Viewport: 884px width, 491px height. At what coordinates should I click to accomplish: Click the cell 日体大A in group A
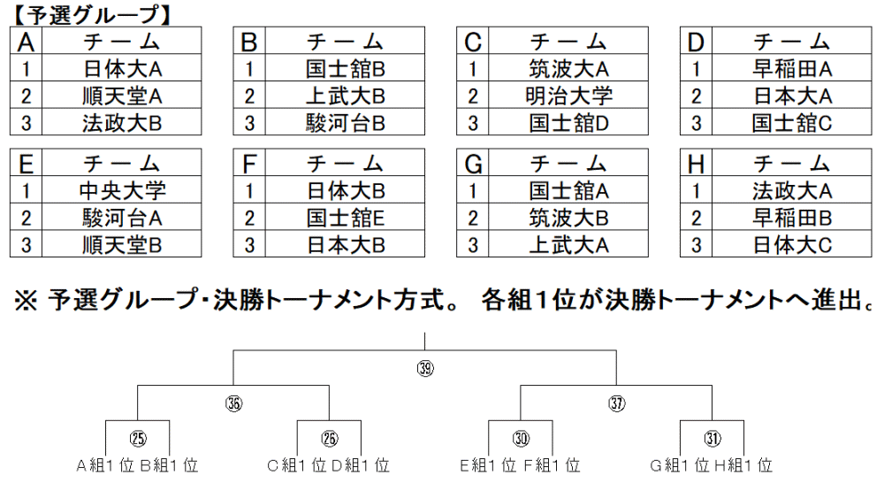pos(122,68)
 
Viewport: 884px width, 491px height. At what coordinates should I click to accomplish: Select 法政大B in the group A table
pos(122,122)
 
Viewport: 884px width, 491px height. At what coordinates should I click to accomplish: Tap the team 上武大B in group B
pos(345,95)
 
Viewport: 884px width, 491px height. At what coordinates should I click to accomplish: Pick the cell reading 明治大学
pos(568,95)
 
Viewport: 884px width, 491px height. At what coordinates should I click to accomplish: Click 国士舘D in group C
pos(568,122)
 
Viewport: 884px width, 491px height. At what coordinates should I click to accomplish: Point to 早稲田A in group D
pos(791,68)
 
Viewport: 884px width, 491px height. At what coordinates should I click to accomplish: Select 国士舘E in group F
pos(345,217)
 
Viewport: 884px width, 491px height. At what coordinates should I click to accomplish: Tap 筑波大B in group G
pos(568,217)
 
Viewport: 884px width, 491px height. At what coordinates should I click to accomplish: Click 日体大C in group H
pos(791,244)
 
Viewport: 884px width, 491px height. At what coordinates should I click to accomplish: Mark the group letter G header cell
pos(472,163)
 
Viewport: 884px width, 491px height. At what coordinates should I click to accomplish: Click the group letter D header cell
pos(696,41)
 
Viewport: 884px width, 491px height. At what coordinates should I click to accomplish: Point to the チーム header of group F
pos(345,163)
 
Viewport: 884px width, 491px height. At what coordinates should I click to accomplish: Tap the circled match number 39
pos(425,369)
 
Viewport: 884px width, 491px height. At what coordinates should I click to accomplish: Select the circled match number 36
pos(233,403)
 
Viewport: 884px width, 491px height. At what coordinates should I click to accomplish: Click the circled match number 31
pos(712,438)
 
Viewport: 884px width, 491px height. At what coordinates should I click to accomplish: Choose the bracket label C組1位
pos(296,465)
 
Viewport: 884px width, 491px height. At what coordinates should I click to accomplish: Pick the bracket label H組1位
pos(743,465)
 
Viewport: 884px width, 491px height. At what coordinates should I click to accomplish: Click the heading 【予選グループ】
pos(91,15)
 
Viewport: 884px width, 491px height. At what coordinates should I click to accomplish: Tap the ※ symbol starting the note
pos(26,300)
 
